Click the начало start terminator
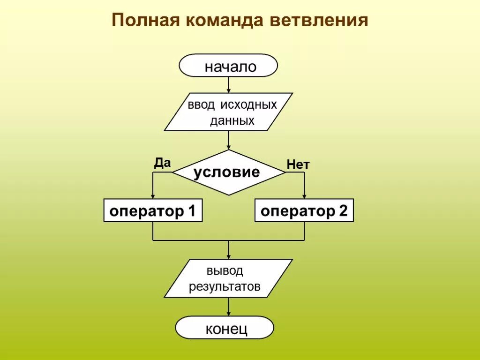(228, 66)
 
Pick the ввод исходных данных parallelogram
(228, 112)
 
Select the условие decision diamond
(228, 172)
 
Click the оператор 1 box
(153, 210)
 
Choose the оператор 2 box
(304, 210)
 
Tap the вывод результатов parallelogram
(228, 278)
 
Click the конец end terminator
(225, 328)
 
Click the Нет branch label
(298, 165)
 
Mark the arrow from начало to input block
(228, 85)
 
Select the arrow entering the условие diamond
(228, 141)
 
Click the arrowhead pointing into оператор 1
(153, 196)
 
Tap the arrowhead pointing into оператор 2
(304, 196)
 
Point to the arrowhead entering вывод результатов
(228, 256)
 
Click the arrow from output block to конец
(228, 307)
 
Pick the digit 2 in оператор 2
(343, 211)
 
